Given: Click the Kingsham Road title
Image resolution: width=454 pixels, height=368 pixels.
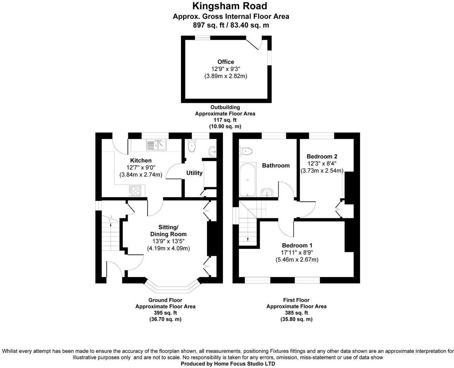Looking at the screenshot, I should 230,6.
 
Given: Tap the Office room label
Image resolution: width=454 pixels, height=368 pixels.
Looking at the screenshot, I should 226,62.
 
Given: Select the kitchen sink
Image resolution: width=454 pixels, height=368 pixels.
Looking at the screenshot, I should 156,145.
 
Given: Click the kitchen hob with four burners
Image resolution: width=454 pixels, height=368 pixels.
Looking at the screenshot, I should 135,190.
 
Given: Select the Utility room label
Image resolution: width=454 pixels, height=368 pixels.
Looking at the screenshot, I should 194,173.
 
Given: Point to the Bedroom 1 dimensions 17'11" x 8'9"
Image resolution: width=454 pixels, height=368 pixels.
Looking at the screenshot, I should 297,252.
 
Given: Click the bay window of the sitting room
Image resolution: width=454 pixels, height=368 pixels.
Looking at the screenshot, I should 172,286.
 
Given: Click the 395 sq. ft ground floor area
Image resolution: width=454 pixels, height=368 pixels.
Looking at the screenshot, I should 165,313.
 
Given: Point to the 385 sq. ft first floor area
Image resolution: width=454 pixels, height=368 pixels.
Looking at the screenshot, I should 296,313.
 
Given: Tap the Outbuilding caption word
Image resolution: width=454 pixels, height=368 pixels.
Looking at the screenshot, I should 225,107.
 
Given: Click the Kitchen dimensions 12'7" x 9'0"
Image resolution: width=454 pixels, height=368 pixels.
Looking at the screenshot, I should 141,168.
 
